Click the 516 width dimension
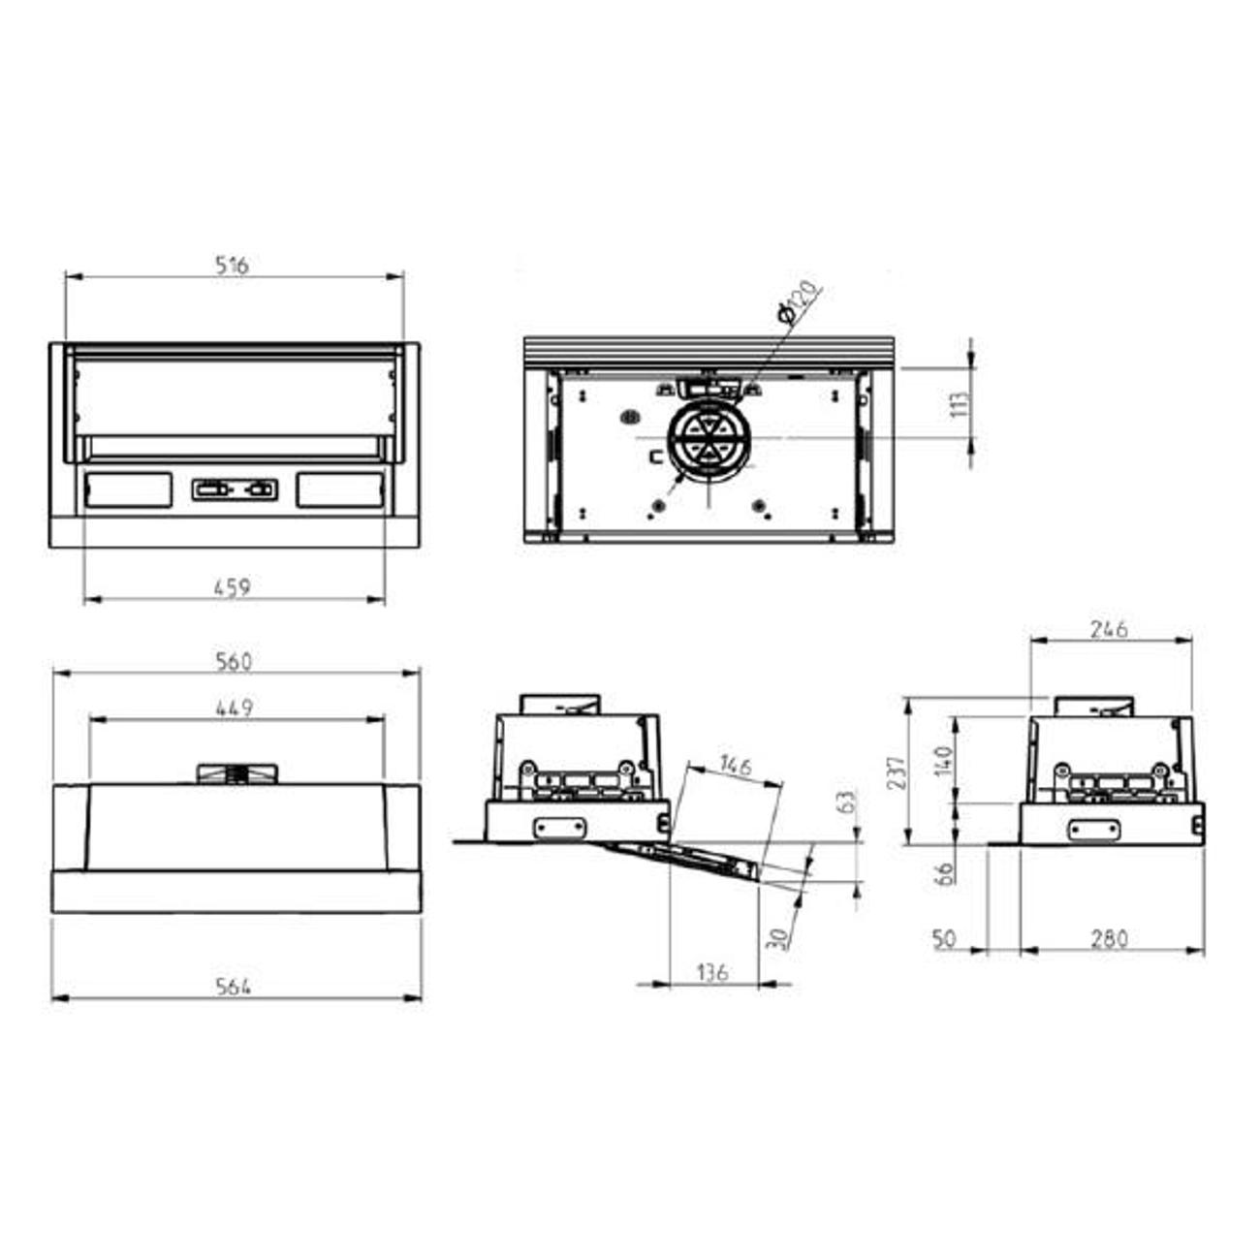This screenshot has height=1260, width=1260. [x=232, y=265]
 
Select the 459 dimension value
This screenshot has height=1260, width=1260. [x=233, y=587]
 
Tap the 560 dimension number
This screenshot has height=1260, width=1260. [x=234, y=662]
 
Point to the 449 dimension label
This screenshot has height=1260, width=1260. [x=235, y=708]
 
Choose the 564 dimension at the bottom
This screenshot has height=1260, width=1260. [x=234, y=986]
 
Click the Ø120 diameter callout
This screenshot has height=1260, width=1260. [x=797, y=301]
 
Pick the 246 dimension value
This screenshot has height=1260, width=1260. [x=1110, y=629]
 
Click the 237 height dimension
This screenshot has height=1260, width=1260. [x=899, y=772]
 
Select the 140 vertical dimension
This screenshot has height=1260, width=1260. [x=943, y=761]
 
